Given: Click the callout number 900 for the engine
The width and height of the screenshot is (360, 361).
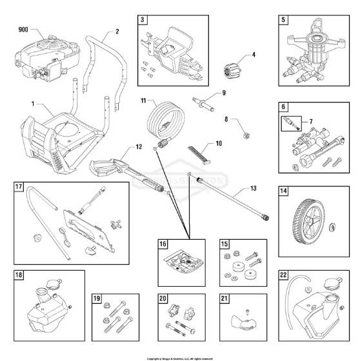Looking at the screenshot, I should point(24,30).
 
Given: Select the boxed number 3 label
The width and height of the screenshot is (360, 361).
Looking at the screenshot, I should point(141,20).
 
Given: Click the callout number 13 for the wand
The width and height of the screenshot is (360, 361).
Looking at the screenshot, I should point(252,190).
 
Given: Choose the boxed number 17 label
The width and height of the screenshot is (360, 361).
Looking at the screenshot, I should point(19,188).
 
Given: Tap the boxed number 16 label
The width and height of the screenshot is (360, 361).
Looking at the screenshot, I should point(163,245).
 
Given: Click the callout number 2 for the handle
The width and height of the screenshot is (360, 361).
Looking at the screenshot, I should point(117,30).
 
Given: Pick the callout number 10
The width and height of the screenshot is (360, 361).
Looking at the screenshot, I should point(219,143).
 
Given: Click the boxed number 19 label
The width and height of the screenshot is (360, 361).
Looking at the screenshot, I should point(96,299).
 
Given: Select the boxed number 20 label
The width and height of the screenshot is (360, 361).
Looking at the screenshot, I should point(163,299).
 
